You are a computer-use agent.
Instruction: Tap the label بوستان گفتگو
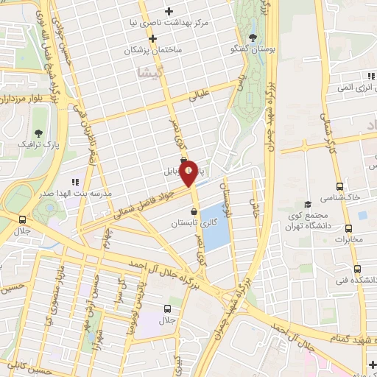click(274, 49)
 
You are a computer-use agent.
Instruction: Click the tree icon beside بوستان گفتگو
click(253, 38)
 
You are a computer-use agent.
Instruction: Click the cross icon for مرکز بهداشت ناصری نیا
click(169, 11)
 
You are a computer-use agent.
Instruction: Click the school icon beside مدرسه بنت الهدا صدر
click(74, 180)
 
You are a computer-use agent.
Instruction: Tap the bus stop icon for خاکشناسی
click(339, 186)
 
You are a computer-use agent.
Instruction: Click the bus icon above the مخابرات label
click(339, 227)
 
